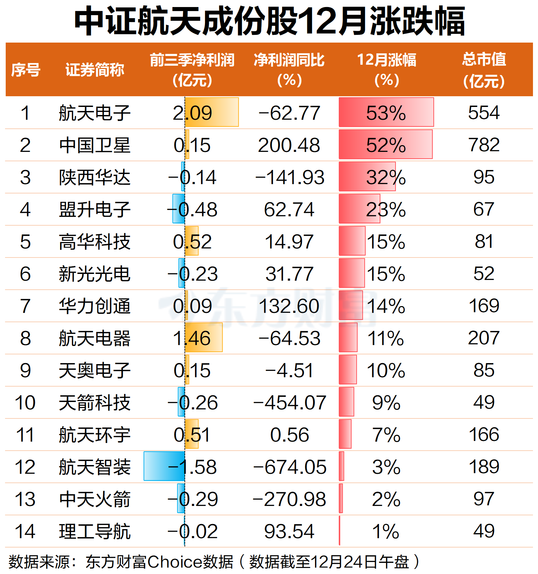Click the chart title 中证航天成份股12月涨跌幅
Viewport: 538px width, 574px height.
tap(269, 21)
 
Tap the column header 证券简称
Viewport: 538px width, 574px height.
tap(95, 70)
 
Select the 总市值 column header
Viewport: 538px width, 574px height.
tap(484, 70)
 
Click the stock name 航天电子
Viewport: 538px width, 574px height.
tap(95, 113)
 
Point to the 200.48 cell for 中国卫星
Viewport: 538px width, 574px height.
tap(289, 145)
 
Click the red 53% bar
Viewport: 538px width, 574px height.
tap(386, 112)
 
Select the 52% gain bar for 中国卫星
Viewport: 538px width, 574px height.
tap(385, 145)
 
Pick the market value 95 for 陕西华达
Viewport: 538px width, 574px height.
tap(484, 177)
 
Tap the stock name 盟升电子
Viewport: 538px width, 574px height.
tap(95, 210)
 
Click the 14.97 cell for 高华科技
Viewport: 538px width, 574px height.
tap(289, 242)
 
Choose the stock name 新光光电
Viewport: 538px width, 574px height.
tap(95, 274)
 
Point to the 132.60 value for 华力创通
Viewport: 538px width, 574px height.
tap(289, 306)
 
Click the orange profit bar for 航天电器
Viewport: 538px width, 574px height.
tap(204, 337)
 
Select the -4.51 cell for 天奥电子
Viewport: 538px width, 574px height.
tap(289, 370)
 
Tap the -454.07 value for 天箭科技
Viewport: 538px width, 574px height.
tap(289, 403)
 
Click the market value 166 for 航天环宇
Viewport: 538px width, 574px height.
tap(484, 435)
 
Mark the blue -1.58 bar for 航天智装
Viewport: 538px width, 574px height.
tap(164, 466)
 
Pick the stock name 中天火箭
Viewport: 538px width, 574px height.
tap(95, 499)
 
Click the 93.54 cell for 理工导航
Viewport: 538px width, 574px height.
tap(289, 531)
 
